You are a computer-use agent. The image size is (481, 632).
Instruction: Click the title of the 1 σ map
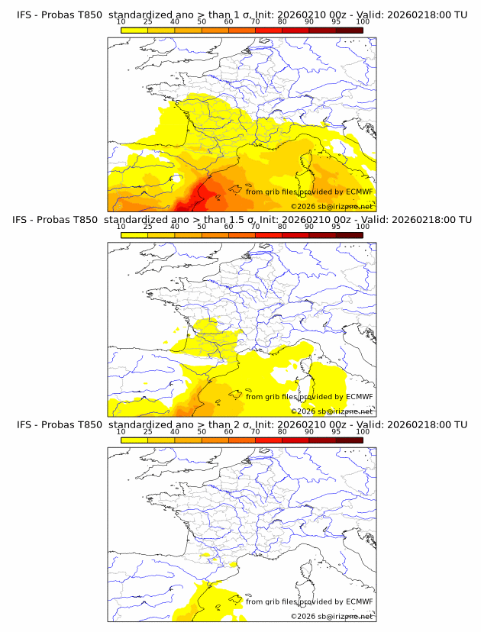[x=241, y=15]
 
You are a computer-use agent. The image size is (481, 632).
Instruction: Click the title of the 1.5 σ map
[x=241, y=219]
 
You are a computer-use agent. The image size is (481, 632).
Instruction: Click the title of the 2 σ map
[x=241, y=424]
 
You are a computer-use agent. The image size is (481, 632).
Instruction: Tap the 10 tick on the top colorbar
[x=121, y=22]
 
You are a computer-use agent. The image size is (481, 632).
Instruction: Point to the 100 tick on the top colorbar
[x=363, y=22]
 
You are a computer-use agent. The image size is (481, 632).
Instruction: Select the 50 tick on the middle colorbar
[x=202, y=227]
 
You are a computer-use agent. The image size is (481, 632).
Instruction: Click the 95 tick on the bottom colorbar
[x=336, y=432]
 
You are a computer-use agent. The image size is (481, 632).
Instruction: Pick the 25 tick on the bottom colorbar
[x=148, y=432]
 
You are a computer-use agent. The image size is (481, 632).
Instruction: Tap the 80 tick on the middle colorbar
[x=282, y=227]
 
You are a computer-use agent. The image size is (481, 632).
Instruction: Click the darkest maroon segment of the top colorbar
[x=349, y=31]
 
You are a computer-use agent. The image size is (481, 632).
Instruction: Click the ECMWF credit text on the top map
[x=309, y=192]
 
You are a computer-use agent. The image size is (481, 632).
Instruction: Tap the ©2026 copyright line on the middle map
[x=331, y=411]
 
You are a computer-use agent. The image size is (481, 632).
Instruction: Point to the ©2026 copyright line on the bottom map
[x=331, y=616]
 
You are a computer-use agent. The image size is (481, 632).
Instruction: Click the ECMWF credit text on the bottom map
[x=309, y=601]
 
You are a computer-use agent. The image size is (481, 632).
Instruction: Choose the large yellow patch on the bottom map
[x=206, y=599]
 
